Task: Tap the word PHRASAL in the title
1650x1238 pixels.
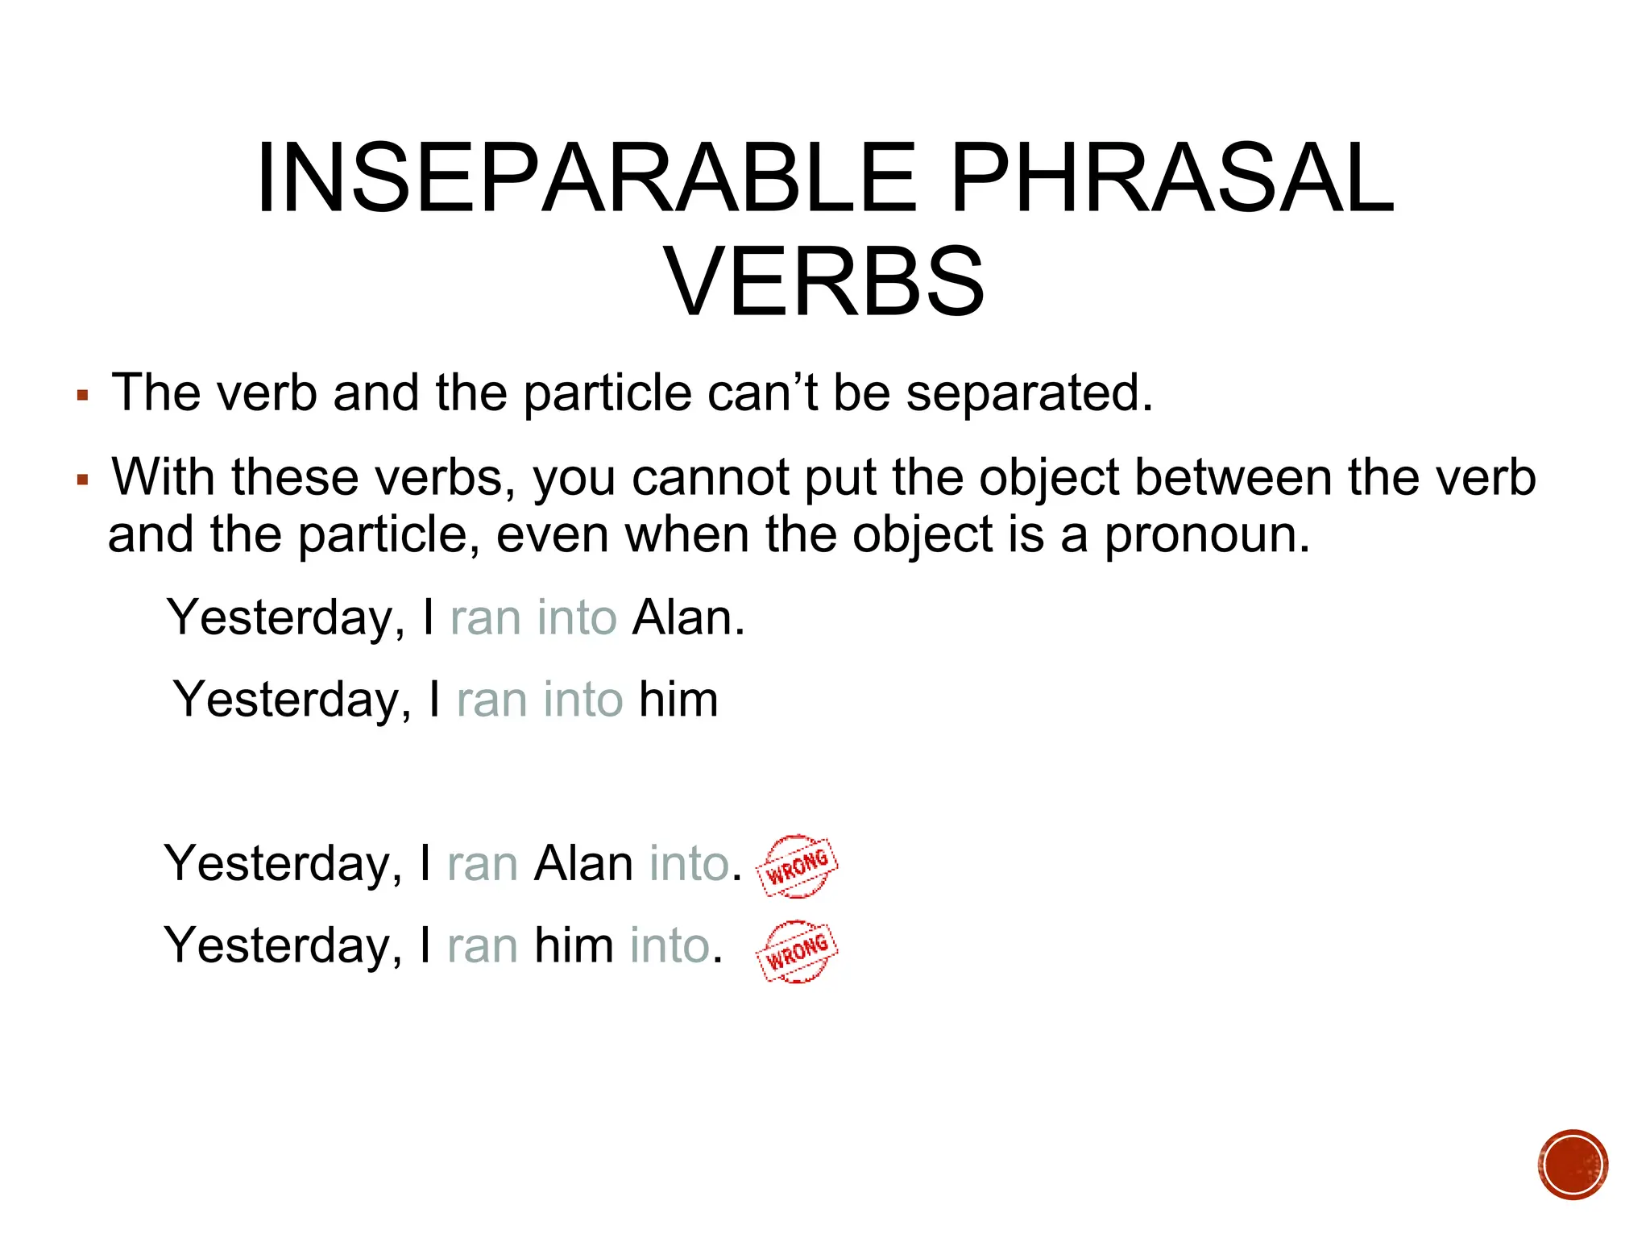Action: click(1172, 178)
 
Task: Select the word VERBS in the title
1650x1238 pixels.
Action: click(823, 282)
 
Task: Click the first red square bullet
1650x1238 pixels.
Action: click(82, 396)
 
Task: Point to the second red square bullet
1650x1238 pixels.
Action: click(82, 480)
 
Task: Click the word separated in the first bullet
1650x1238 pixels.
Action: click(1030, 393)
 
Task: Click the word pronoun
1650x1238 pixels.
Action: click(1206, 534)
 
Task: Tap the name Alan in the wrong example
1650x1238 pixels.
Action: click(584, 864)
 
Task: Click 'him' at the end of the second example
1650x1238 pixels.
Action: click(678, 700)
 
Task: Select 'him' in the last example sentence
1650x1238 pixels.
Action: click(574, 945)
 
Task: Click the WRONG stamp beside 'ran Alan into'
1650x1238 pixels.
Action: click(797, 866)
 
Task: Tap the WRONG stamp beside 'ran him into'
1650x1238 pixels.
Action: click(797, 952)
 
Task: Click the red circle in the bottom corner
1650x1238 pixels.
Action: click(1572, 1165)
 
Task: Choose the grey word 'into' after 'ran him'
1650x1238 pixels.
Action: click(670, 945)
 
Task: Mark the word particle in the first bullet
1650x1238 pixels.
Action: click(607, 393)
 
